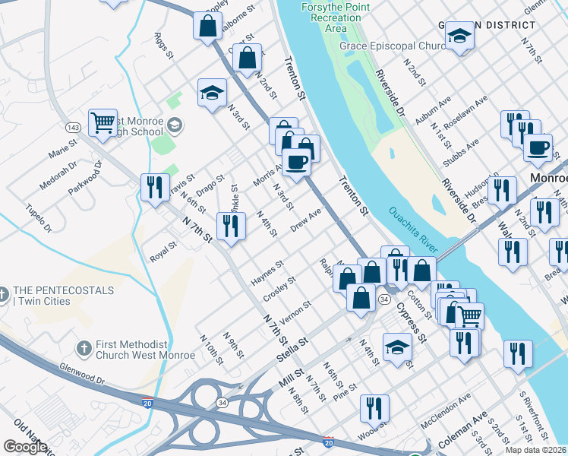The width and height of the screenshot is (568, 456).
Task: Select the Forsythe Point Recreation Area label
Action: tap(336, 17)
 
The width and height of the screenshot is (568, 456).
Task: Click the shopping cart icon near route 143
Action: tap(103, 122)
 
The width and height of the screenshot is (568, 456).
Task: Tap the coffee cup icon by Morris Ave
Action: tap(296, 161)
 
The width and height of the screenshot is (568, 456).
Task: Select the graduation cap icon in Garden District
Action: tap(460, 36)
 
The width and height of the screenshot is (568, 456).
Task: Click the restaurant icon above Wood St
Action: tap(374, 407)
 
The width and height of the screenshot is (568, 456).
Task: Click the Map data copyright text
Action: tap(535, 450)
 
